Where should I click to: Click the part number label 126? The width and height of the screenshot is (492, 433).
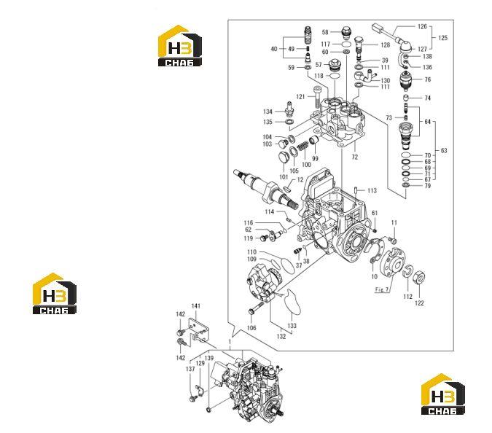(422, 27)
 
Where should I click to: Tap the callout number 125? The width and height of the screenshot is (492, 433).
(442, 38)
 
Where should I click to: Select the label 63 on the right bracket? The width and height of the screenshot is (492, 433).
(444, 151)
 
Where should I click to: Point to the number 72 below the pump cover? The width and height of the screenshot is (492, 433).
(354, 157)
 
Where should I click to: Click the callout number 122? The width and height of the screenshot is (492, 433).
(419, 303)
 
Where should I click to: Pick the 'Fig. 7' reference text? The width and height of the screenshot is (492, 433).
(382, 289)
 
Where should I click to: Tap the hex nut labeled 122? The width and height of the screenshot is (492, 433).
(420, 277)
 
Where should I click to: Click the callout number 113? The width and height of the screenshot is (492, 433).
(372, 190)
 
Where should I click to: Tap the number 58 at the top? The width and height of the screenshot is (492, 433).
(325, 32)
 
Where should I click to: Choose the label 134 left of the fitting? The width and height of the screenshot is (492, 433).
(268, 112)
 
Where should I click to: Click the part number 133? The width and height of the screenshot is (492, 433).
(292, 326)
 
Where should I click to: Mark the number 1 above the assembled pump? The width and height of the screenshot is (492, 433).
(230, 342)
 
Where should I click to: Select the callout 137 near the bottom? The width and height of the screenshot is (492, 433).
(190, 369)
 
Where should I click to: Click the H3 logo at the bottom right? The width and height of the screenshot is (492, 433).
(443, 394)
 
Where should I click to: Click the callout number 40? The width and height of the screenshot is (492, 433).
(274, 49)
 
